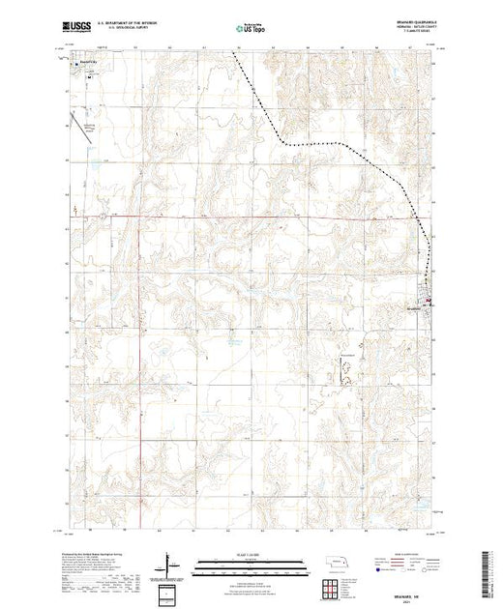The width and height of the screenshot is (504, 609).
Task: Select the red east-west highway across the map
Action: click(242, 217)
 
